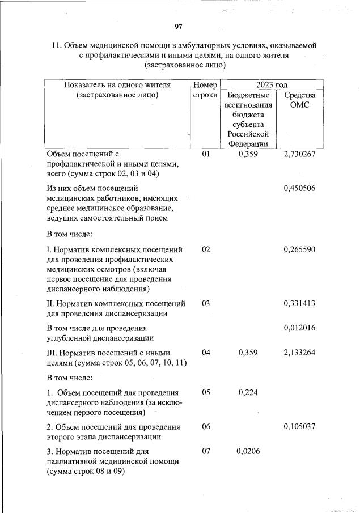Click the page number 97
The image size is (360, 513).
point(179,27)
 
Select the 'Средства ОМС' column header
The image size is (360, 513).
point(299,100)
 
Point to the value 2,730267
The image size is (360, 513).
point(299,154)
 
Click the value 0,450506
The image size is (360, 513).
point(299,188)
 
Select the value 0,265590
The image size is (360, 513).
point(299,249)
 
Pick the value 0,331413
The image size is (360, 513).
point(299,303)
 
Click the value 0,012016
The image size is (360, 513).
point(299,328)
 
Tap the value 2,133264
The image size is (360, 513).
point(299,353)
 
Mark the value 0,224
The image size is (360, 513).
point(248,392)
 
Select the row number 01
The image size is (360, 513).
point(206,154)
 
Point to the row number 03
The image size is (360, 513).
point(206,303)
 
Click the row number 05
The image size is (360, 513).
point(206,392)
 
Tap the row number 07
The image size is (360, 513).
point(206,451)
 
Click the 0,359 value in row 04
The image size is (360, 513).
point(248,353)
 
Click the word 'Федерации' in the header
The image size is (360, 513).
point(248,144)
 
